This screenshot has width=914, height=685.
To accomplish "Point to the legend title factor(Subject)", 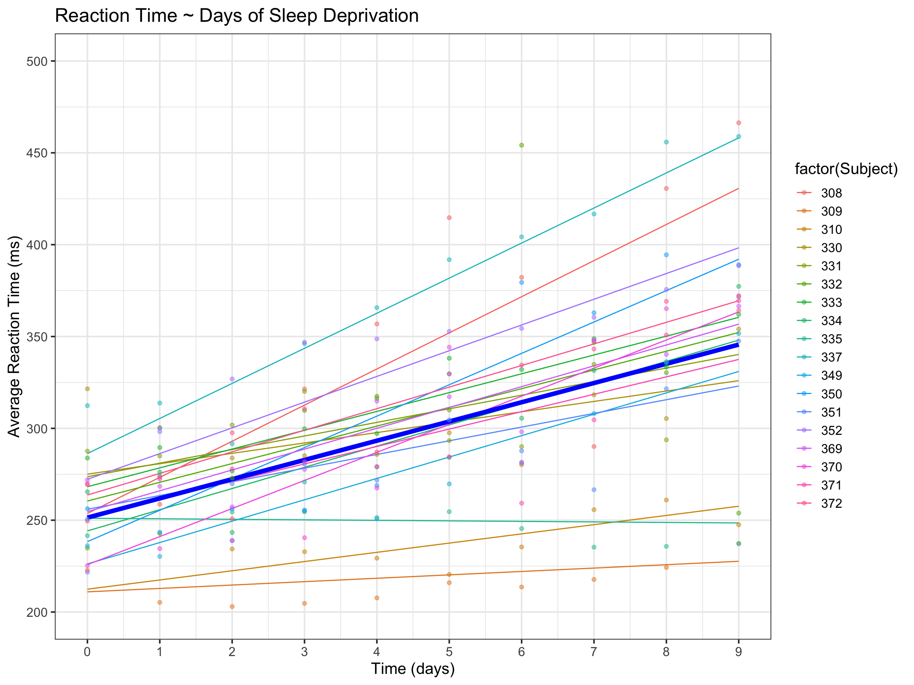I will [x=846, y=169].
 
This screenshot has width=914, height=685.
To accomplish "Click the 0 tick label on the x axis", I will [x=87, y=652].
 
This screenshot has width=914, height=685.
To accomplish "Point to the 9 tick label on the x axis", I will [x=738, y=652].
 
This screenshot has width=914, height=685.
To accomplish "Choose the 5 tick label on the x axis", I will [x=449, y=652].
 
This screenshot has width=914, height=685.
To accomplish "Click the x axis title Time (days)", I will [x=413, y=669].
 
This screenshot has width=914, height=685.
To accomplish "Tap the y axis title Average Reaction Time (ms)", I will [x=14, y=337].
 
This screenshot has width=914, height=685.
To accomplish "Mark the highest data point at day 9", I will [x=739, y=122].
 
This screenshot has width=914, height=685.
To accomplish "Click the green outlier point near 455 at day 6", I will [x=521, y=145].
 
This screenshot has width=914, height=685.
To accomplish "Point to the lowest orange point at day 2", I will [x=232, y=607].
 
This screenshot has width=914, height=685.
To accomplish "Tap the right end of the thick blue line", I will [x=738, y=344].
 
